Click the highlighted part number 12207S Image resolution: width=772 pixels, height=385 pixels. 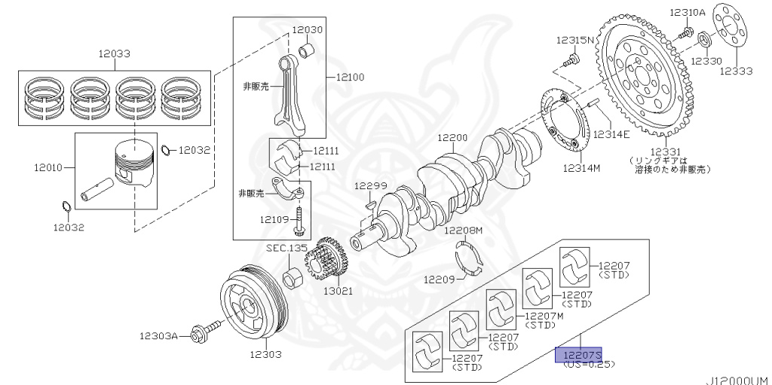click(x=579, y=354)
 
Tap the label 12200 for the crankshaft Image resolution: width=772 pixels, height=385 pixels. click(x=452, y=139)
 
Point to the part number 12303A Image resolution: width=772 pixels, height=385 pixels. click(x=158, y=336)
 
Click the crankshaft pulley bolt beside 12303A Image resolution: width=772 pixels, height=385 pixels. click(x=207, y=328)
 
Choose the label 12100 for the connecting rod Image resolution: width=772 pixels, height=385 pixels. click(x=349, y=77)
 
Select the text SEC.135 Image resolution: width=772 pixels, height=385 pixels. click(x=286, y=247)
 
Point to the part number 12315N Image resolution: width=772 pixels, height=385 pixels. click(x=575, y=39)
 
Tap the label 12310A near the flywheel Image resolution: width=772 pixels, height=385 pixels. click(x=687, y=13)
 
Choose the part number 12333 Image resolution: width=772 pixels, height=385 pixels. click(x=735, y=71)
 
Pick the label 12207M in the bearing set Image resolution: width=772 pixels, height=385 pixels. click(x=544, y=316)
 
